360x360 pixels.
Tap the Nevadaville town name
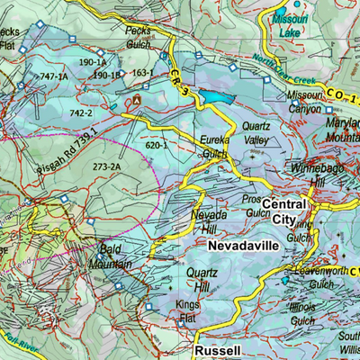pyautogui.click(x=240, y=245)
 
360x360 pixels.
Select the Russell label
pyautogui.click(x=217, y=350)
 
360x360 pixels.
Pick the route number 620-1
pyautogui.click(x=155, y=144)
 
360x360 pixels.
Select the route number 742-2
pyautogui.click(x=80, y=113)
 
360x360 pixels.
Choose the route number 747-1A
pyautogui.click(x=52, y=77)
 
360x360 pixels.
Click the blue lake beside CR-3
pyautogui.click(x=215, y=96)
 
